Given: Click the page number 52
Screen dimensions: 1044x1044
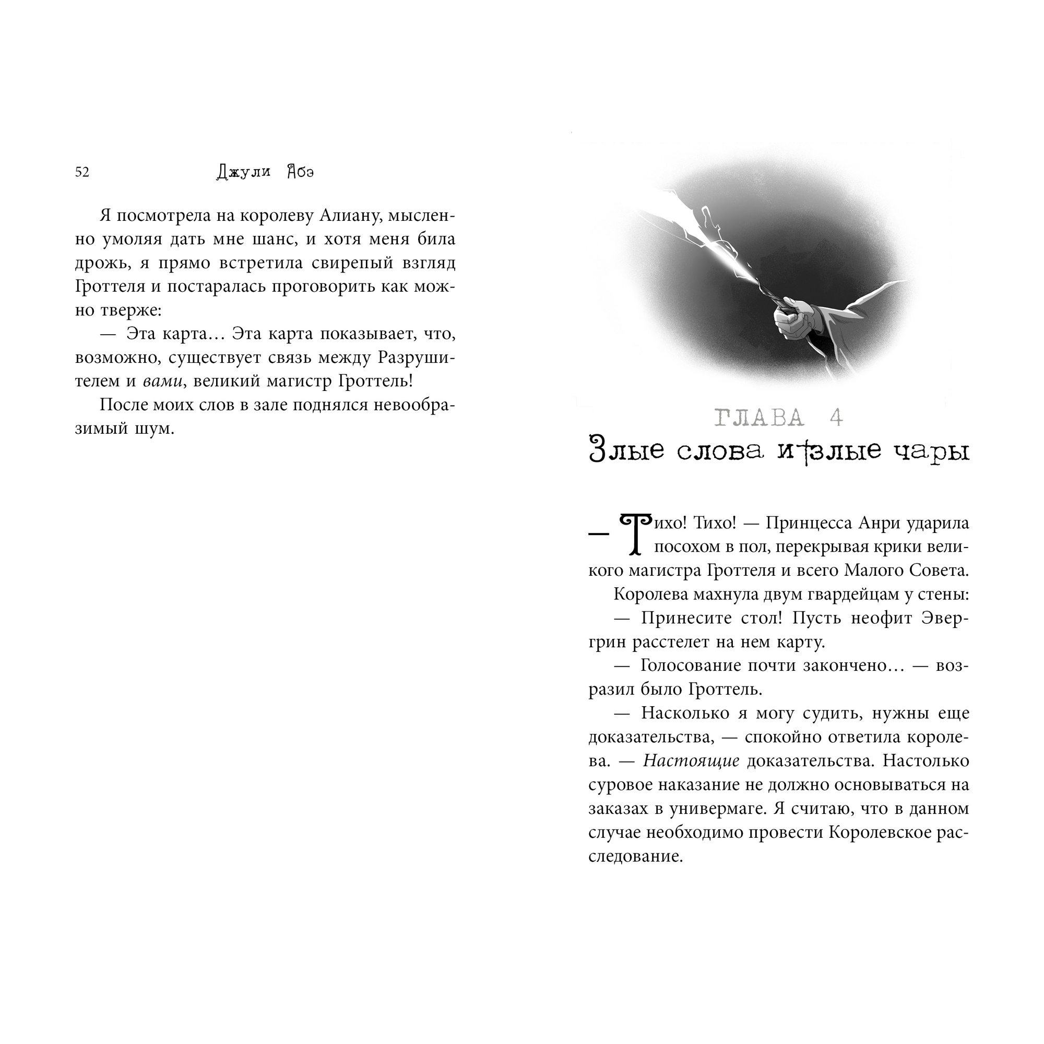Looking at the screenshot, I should coord(82,172).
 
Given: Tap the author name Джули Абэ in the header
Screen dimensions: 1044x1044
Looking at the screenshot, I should coord(265,172).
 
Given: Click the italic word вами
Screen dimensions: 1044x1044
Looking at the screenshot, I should coord(162,382).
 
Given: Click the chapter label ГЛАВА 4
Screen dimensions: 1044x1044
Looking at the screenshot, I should coord(779,418).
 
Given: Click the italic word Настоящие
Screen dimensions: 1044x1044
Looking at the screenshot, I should coord(691,761).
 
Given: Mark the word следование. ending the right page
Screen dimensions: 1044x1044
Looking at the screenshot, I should coord(635,856).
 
